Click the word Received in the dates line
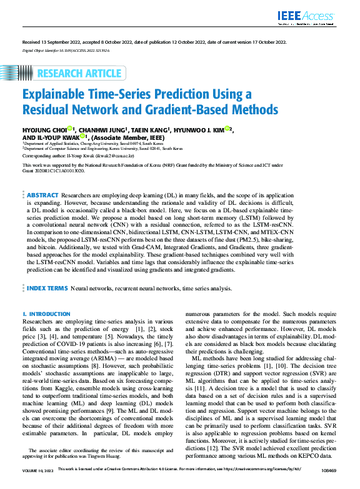click(31, 42)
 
